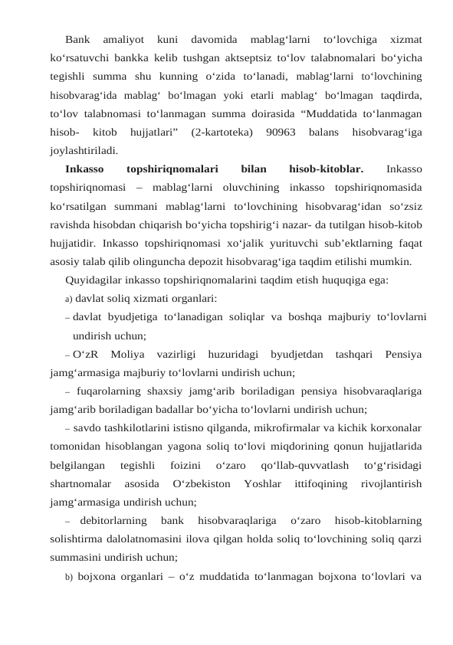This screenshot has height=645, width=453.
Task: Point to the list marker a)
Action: [68, 299]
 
